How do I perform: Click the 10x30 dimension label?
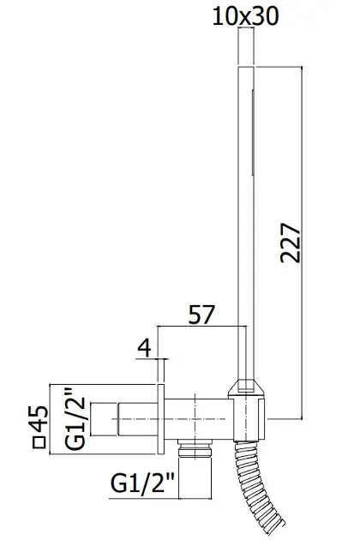pos(245,16)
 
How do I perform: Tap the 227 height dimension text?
pos(291,243)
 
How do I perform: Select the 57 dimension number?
pos(201,314)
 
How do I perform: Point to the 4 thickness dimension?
pos(144,348)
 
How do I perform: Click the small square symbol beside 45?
pos(39,442)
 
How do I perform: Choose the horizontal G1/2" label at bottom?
pos(142,483)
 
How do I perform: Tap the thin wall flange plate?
pos(161,419)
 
